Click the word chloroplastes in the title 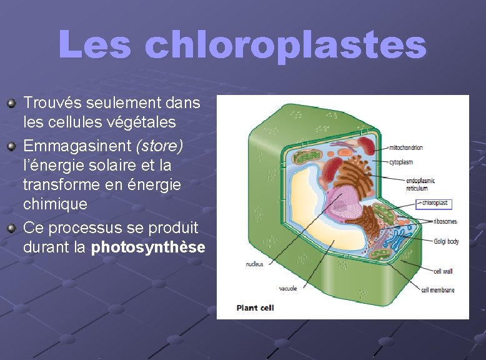pyautogui.click(x=285, y=46)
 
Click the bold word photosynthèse pyautogui.click(x=148, y=247)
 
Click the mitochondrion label pyautogui.click(x=406, y=147)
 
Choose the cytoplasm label pyautogui.click(x=402, y=162)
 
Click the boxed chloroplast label pyautogui.click(x=435, y=203)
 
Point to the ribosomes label pyautogui.click(x=445, y=221)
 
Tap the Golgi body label pyautogui.click(x=446, y=241)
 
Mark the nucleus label pyautogui.click(x=255, y=264)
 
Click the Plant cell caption pyautogui.click(x=255, y=307)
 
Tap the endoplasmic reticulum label pyautogui.click(x=420, y=184)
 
